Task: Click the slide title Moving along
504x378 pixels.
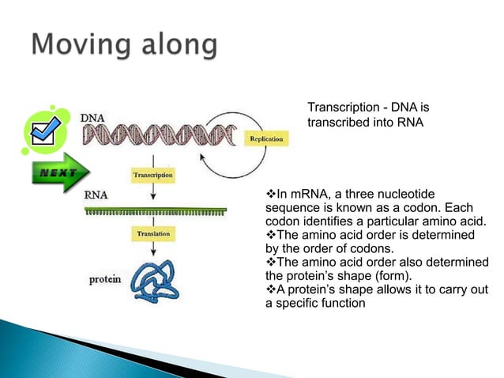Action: click(125, 45)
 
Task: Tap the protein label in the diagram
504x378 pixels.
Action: click(103, 278)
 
